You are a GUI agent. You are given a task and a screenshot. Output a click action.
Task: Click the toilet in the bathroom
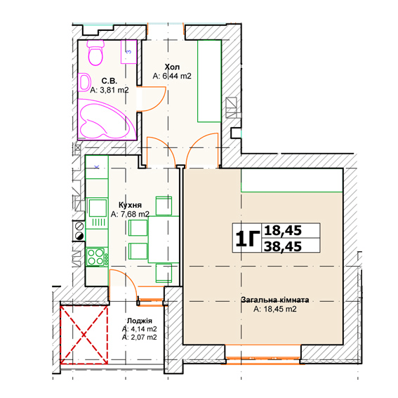(95, 52)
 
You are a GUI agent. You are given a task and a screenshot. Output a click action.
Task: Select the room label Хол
(172, 67)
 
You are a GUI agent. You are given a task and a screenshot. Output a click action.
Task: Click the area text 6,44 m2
(177, 76)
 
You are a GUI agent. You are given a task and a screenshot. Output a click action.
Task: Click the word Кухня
(130, 205)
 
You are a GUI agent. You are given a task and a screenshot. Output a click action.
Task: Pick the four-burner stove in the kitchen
(97, 257)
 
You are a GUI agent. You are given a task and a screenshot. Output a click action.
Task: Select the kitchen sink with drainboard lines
(97, 213)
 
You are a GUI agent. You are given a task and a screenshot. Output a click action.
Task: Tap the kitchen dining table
(164, 239)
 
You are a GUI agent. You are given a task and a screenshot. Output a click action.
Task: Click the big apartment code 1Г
(247, 239)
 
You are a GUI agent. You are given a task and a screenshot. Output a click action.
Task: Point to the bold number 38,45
(283, 246)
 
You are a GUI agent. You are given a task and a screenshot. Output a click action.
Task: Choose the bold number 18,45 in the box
(283, 230)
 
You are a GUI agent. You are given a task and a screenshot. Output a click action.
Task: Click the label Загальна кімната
(275, 300)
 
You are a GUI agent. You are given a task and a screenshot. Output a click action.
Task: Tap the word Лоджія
(140, 321)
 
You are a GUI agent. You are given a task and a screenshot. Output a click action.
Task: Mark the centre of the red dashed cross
(84, 335)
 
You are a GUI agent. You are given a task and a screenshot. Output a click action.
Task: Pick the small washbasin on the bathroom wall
(85, 82)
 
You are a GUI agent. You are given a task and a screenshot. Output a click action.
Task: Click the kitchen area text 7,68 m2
(135, 214)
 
